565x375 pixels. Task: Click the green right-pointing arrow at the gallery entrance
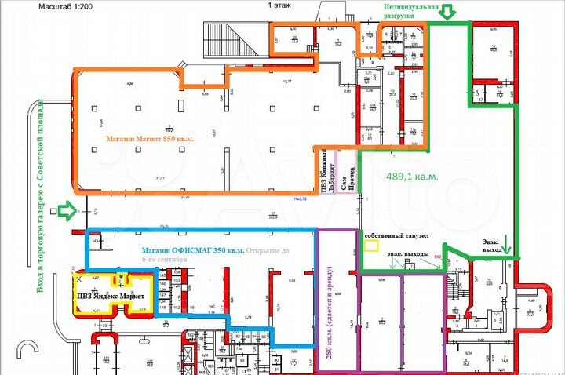[67, 210]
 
